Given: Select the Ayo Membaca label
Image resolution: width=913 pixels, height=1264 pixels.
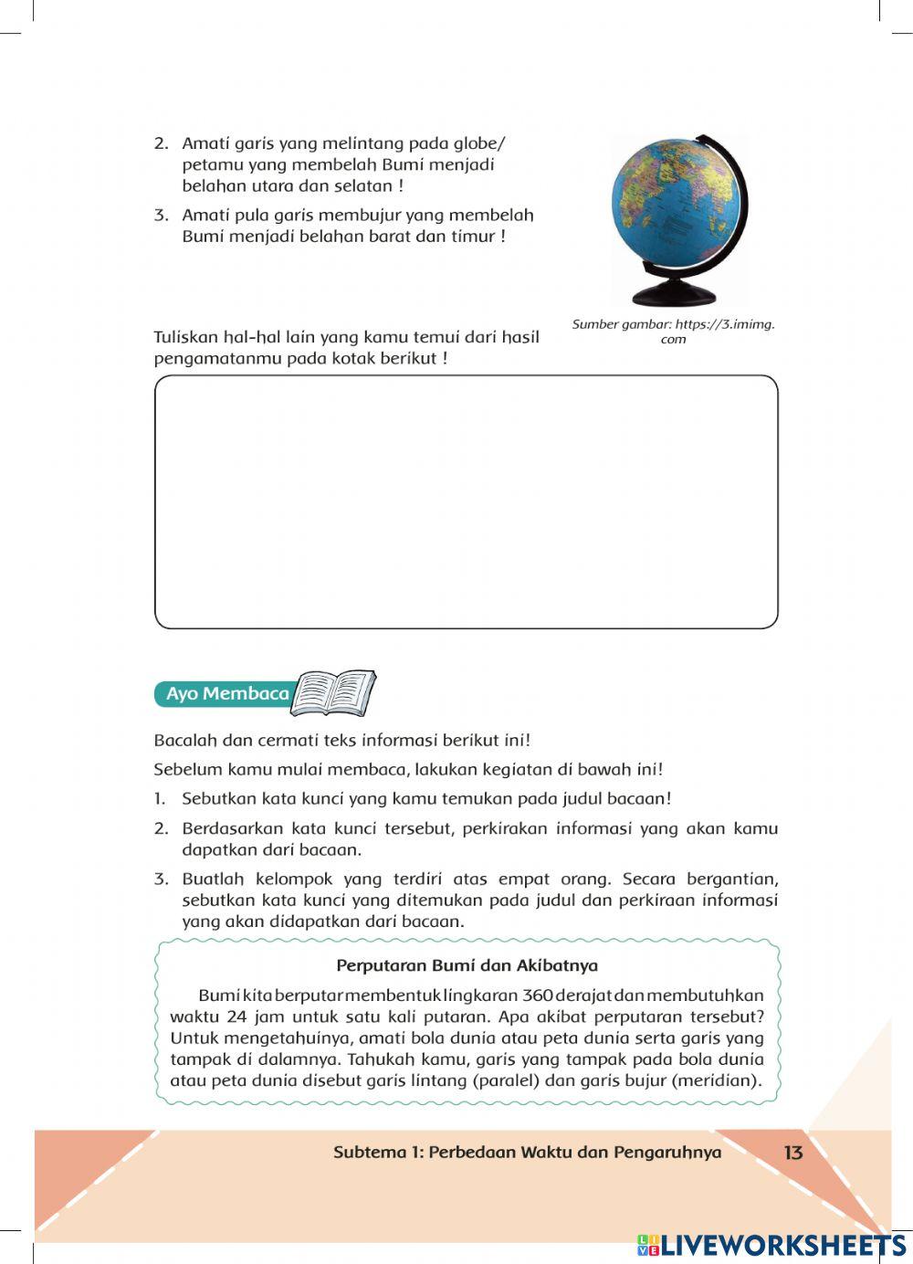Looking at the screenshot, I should coord(226,694).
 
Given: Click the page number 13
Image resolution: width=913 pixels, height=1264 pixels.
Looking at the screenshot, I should coord(792,1153).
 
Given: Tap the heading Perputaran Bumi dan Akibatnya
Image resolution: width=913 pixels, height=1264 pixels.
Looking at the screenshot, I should coord(467,965).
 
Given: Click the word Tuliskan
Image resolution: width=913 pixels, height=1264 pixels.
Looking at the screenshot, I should coord(185,337).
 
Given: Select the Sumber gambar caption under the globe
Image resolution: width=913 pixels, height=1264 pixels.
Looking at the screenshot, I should coord(673,331).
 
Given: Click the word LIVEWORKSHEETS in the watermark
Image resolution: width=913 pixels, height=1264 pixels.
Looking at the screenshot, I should coord(783,1245).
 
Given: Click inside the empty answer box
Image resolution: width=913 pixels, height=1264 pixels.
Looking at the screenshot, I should coord(466,501).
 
